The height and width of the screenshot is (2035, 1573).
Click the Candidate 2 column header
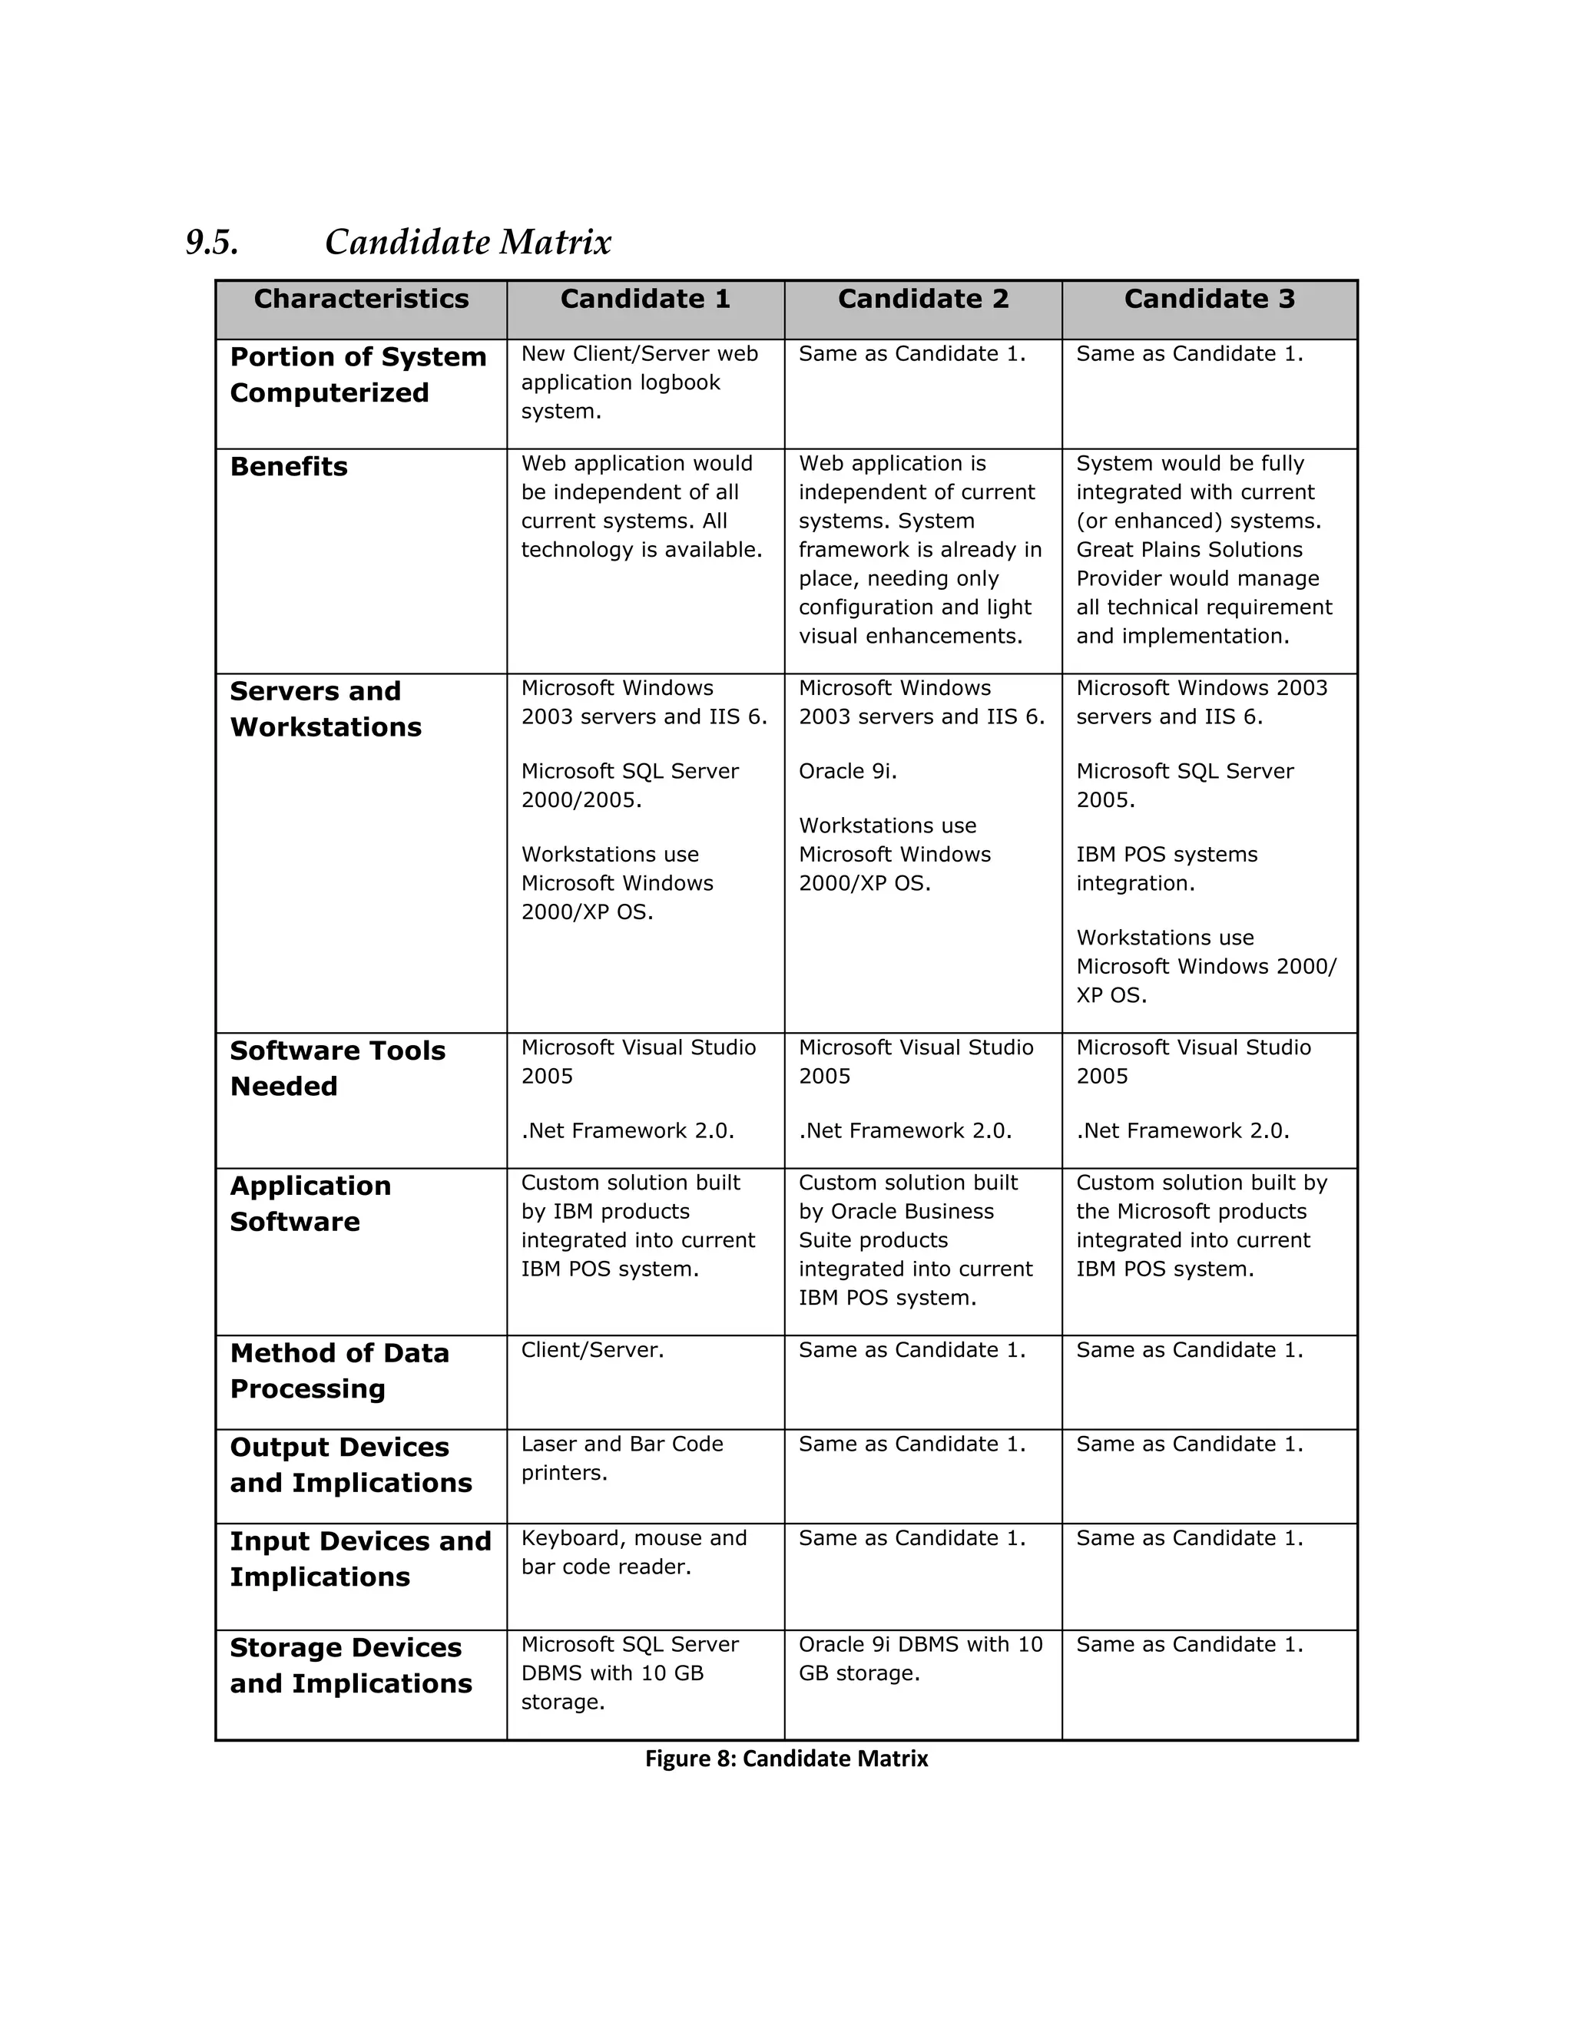[x=922, y=299]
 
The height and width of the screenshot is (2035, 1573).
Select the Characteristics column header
[x=361, y=299]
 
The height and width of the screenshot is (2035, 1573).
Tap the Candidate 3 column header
[x=1209, y=299]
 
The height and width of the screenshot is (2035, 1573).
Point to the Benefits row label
[x=288, y=467]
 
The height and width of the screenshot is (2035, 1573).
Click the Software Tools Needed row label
[x=336, y=1068]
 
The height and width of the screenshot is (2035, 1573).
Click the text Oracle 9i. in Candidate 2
[x=847, y=772]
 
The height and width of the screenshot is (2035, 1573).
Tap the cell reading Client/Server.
[x=591, y=1350]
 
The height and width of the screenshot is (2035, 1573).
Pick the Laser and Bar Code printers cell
[x=621, y=1458]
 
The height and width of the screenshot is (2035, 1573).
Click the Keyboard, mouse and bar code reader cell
[x=634, y=1552]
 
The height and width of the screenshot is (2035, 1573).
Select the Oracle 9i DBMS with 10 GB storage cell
[x=919, y=1659]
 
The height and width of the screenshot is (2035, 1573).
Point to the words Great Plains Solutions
[x=1188, y=550]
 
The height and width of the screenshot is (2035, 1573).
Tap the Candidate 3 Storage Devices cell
[x=1189, y=1645]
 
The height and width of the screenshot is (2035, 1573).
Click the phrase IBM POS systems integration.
[x=1166, y=869]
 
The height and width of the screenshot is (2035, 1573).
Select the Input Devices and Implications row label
[x=359, y=1559]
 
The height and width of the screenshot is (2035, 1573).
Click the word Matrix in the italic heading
[x=555, y=242]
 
